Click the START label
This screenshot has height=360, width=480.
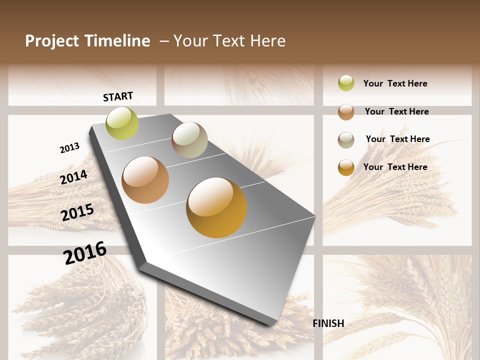(x=118, y=96)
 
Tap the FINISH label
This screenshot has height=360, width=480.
(x=328, y=323)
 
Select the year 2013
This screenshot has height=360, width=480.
(x=70, y=148)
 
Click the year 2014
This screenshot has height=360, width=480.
(x=74, y=177)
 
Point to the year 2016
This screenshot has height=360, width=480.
(x=85, y=253)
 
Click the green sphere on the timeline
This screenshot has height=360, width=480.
(x=122, y=123)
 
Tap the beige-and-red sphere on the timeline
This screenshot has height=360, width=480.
(x=189, y=140)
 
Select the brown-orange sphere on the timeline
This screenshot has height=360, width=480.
(x=145, y=180)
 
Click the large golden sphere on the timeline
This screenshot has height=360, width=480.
(x=216, y=207)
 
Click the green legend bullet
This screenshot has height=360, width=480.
(x=346, y=83)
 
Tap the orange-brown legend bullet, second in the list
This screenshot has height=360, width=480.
(x=346, y=112)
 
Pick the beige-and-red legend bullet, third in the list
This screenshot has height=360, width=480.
(x=346, y=140)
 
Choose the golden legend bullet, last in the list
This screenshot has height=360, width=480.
(x=346, y=167)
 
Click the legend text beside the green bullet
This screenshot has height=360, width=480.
(x=395, y=83)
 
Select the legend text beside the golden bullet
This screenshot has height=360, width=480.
(x=395, y=167)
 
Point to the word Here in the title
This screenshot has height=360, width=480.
(x=268, y=41)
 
